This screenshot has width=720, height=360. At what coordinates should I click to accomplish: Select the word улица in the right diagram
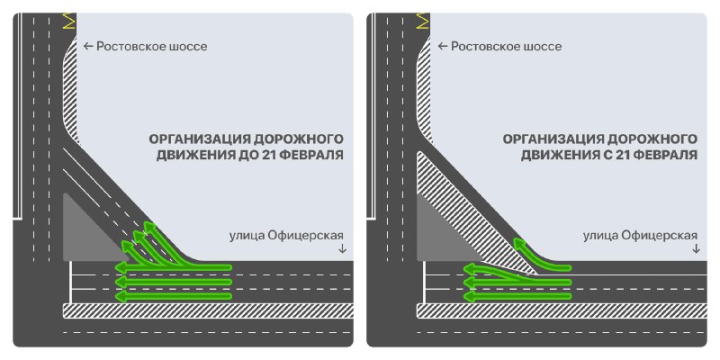pyautogui.click(x=601, y=236)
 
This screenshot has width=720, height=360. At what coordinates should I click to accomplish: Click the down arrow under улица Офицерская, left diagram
pyautogui.click(x=341, y=249)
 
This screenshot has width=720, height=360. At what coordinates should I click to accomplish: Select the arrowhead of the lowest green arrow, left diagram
pyautogui.click(x=121, y=295)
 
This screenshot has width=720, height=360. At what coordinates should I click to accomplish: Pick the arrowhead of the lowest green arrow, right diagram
pyautogui.click(x=468, y=295)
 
